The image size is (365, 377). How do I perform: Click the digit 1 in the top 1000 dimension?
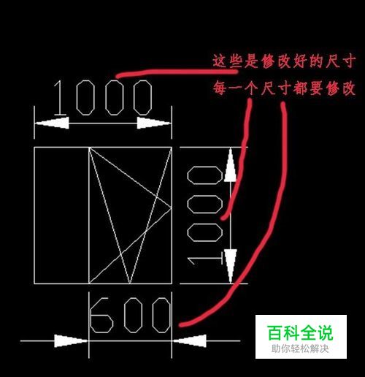tap(60, 98)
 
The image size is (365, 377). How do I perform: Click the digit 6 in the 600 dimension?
tap(101, 315)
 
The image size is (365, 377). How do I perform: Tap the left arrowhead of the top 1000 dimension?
tap(52, 123)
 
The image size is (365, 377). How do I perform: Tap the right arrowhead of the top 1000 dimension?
tap(154, 123)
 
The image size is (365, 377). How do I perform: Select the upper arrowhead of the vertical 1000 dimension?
tap(230, 164)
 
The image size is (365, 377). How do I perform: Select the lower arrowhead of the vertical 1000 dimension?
tap(230, 266)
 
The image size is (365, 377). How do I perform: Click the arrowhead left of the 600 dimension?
tap(71, 340)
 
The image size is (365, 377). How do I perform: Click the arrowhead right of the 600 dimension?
tap(189, 340)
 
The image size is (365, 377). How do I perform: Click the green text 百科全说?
tap(301, 333)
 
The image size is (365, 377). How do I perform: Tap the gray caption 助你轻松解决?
tap(300, 349)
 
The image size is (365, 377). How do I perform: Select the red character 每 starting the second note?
tap(220, 88)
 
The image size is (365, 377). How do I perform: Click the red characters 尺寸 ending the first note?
tap(341, 61)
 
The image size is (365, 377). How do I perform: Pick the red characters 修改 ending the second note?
tap(341, 88)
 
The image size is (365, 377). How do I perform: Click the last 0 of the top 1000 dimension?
tap(143, 98)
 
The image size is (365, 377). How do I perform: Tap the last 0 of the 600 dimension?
tap(161, 315)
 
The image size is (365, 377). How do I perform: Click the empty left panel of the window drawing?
tap(61, 216)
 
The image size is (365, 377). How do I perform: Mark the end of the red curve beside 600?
tap(180, 325)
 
